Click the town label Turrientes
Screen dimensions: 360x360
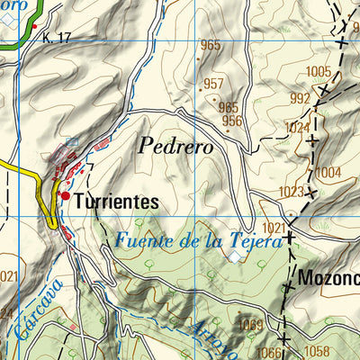[x=116, y=202]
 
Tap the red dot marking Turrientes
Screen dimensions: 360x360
[x=66, y=195]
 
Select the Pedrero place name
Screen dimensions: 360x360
[x=175, y=145]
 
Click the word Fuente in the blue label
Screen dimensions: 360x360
[x=143, y=240]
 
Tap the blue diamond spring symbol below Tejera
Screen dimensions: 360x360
[x=235, y=257]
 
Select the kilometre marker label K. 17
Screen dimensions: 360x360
[x=56, y=37]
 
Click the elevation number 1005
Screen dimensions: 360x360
[x=319, y=71]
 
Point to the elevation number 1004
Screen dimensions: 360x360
[x=329, y=172]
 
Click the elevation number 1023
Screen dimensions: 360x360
[x=291, y=192]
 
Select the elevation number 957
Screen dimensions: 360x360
[x=213, y=84]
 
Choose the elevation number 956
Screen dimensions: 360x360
[x=232, y=121]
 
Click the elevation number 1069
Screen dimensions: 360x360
[x=252, y=324]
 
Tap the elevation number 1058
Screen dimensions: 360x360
[x=317, y=350]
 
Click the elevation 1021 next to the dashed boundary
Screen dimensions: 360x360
[x=274, y=229]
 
